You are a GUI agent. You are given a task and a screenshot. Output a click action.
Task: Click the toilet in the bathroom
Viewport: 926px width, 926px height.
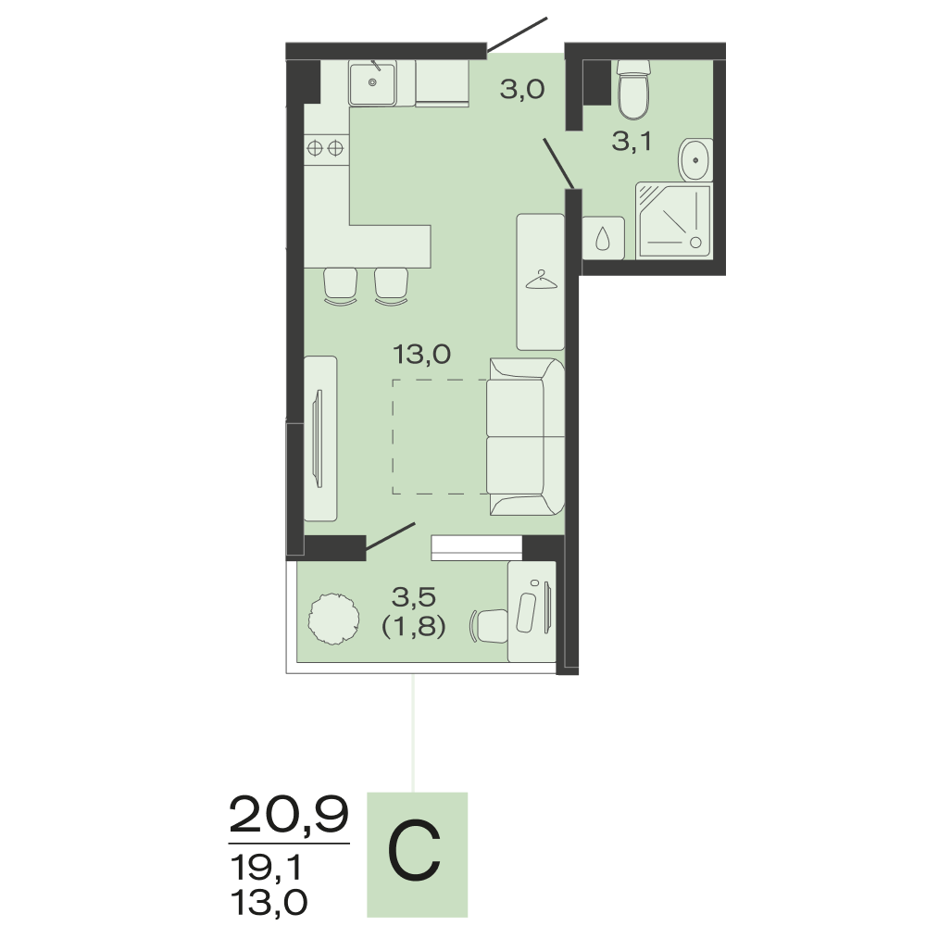(633, 89)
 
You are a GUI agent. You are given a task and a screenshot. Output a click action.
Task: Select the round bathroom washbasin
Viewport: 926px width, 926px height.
(695, 159)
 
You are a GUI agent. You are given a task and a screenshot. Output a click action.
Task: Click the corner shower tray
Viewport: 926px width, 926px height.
(674, 220)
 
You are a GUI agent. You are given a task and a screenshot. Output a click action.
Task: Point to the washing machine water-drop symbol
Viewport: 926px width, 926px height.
(603, 238)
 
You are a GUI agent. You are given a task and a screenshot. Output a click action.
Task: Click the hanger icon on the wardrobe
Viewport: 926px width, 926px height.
(542, 280)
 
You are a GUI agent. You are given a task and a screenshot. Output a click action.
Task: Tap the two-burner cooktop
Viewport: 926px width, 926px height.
(326, 147)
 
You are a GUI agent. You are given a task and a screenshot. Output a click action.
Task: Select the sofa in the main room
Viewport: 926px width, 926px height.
(526, 436)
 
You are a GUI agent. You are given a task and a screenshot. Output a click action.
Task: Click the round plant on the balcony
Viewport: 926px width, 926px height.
(333, 619)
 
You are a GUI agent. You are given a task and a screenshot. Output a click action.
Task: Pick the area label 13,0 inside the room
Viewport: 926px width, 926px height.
(421, 355)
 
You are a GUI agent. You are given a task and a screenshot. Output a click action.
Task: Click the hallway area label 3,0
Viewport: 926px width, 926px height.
(522, 90)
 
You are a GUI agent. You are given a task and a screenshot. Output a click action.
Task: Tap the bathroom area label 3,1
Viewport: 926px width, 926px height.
(632, 142)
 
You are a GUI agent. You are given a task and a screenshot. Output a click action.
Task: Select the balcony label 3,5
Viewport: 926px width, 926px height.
(414, 597)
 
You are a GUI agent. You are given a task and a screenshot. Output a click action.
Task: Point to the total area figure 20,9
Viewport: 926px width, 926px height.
(289, 814)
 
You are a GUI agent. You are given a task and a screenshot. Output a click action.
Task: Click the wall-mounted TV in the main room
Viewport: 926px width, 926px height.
(319, 438)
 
